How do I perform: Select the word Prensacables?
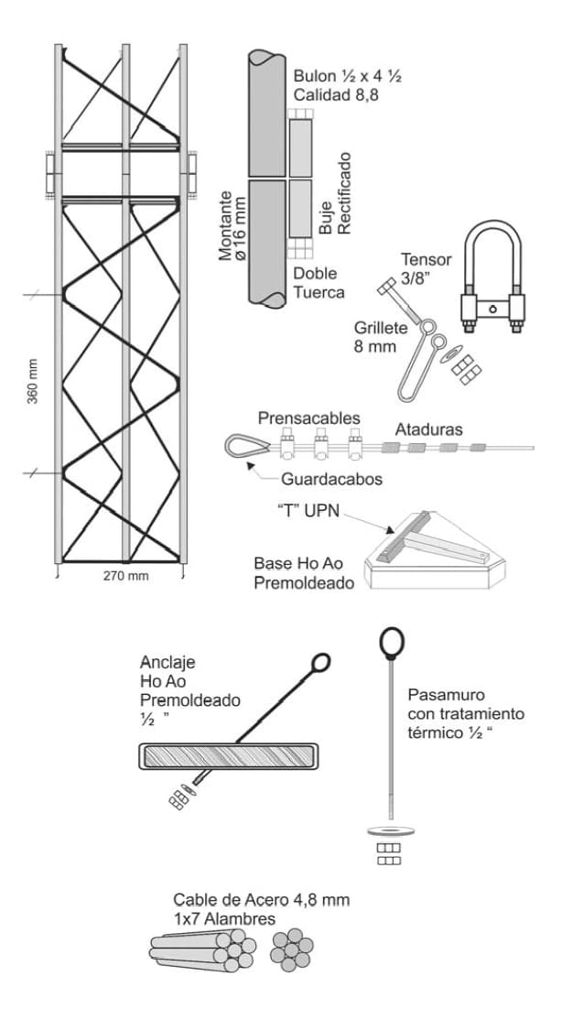[308, 418]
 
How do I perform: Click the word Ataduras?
[429, 428]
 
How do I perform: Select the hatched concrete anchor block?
[230, 756]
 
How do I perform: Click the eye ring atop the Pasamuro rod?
[392, 641]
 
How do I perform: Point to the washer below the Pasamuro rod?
[390, 831]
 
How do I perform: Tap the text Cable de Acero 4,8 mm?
[262, 900]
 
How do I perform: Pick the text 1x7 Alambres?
[224, 918]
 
